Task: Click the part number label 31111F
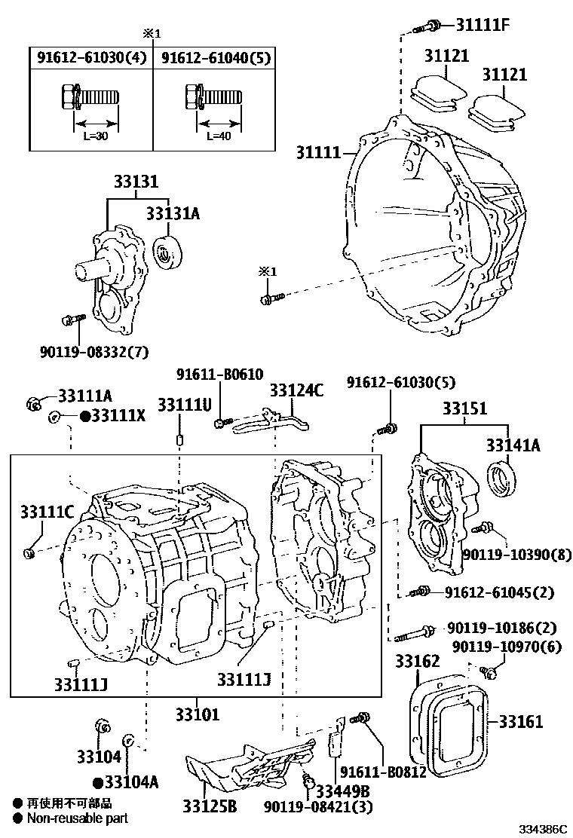click(483, 24)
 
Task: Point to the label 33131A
click(173, 214)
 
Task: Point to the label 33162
click(418, 662)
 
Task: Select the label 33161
click(520, 722)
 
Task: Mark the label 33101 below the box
click(198, 713)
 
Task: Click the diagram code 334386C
click(542, 829)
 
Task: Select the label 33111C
click(47, 513)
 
